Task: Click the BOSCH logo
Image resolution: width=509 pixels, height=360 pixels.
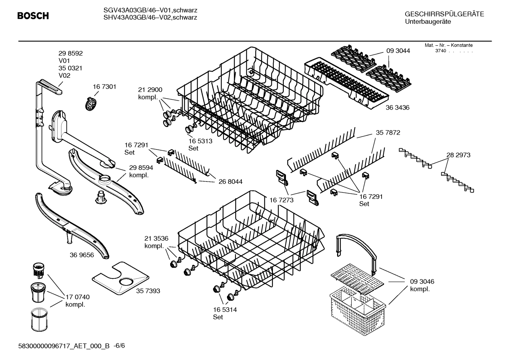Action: pos(33,16)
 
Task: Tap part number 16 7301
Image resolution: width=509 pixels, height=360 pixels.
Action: pos(104,87)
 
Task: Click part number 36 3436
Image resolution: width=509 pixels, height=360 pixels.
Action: pos(397,107)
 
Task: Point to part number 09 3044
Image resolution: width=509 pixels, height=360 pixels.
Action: pos(398,51)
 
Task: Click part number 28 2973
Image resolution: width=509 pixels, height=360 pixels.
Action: pos(458,155)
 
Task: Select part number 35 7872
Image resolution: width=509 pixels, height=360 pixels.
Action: pos(388,133)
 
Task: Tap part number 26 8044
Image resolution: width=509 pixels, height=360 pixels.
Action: pos(230,182)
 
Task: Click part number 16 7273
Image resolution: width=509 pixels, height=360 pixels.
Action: pos(282,200)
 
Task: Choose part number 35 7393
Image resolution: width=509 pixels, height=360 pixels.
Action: pos(148,291)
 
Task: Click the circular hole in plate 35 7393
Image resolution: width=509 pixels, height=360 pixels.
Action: pos(126,282)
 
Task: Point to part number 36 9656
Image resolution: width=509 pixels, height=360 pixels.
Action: pos(82,255)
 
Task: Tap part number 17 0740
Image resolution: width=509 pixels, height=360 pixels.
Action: pos(78,297)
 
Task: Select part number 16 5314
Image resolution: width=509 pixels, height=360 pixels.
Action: pos(224,310)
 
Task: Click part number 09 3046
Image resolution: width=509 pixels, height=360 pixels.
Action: pos(422,282)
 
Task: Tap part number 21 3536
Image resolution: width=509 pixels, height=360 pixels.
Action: pos(156,238)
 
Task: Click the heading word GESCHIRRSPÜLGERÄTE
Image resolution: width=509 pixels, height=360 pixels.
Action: pos(444,14)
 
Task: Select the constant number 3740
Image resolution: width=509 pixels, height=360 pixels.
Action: pos(440,51)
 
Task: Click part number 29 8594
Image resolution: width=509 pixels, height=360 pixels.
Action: pos(141,168)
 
